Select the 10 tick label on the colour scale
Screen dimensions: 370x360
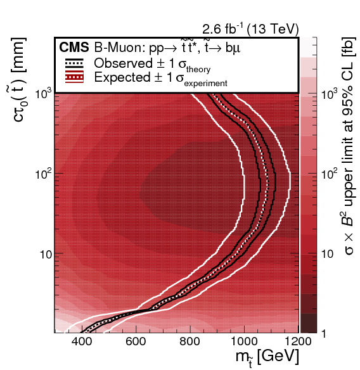pos(329,253)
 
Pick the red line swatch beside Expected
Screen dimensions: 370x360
pos(75,77)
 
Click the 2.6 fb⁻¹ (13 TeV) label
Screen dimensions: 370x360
pos(250,29)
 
